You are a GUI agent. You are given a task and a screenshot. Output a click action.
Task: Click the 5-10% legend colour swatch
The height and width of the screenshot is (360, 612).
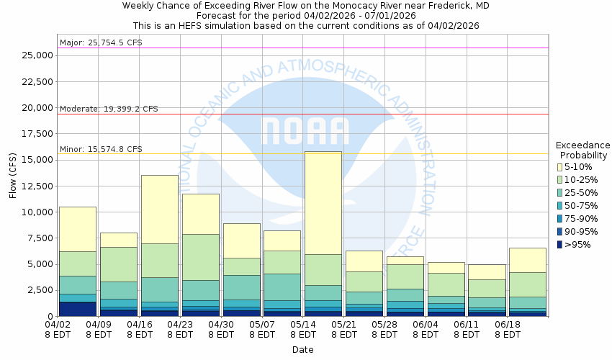click(559, 167)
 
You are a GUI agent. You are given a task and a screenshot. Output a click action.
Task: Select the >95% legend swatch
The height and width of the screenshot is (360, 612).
click(559, 245)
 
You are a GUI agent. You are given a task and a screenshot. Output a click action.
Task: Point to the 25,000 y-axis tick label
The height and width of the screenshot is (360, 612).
click(37, 55)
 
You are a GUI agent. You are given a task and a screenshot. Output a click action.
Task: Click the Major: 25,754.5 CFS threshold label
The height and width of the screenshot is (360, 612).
click(100, 42)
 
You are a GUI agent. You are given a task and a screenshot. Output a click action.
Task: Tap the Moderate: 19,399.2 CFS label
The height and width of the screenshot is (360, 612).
click(108, 109)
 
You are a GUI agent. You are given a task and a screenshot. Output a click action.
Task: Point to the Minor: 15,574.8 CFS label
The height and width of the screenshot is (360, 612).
click(100, 149)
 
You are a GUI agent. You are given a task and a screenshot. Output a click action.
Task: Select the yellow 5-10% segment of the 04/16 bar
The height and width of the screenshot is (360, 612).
click(159, 209)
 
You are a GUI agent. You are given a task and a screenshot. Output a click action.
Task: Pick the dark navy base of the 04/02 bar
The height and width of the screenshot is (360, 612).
click(78, 309)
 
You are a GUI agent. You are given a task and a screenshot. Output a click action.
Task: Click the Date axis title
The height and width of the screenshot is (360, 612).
click(302, 350)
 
